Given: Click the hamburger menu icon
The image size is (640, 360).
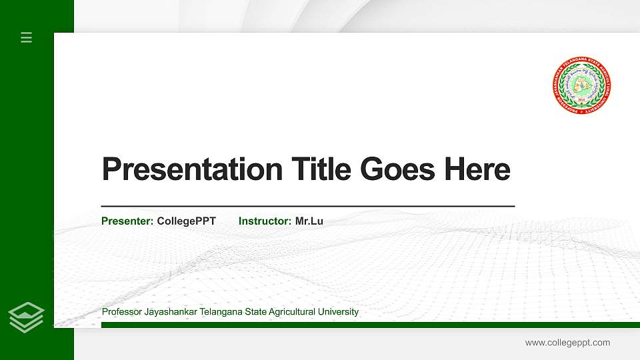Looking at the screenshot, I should [27, 37].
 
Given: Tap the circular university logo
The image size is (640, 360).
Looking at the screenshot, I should [582, 85].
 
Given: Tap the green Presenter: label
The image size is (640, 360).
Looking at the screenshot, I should [127, 221].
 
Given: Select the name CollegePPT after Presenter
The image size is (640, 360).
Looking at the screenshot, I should [186, 221].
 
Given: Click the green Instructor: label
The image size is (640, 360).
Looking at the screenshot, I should [265, 221].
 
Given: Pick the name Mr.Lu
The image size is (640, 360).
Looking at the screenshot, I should [309, 221].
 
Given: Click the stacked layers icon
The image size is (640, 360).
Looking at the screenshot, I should [27, 317].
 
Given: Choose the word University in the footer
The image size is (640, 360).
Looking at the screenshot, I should [339, 312].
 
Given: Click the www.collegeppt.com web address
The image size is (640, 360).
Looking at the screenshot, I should [567, 343].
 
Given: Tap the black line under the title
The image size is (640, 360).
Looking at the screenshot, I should [307, 207].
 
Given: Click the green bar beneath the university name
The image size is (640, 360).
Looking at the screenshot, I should [367, 325].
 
